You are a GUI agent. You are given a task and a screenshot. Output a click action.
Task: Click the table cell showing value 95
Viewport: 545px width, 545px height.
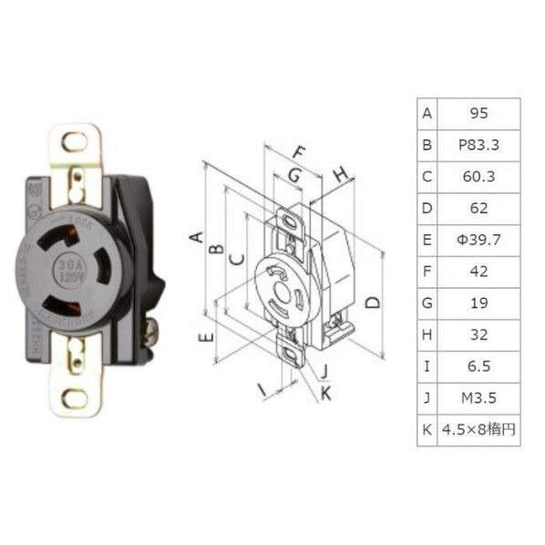pos(478,114)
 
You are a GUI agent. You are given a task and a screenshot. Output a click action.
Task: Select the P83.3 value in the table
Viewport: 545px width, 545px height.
pos(478,145)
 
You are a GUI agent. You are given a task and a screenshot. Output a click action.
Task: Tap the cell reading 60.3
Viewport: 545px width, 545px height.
pos(478,176)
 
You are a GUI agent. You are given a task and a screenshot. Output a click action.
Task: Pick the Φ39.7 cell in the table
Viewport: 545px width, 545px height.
pos(478,240)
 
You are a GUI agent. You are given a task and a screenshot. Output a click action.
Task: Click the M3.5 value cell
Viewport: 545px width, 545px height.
pos(478,397)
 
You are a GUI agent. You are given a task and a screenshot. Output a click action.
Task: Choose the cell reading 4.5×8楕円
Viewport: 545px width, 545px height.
pos(478,429)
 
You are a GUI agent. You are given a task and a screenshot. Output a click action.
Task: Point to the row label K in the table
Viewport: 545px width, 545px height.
pos(427,429)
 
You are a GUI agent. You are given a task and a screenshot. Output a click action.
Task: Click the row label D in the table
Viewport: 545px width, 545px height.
pos(427,208)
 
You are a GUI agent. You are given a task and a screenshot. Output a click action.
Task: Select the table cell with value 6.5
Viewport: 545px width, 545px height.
pos(478,366)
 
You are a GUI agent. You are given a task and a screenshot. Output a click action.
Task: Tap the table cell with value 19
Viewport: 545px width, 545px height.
pos(478,303)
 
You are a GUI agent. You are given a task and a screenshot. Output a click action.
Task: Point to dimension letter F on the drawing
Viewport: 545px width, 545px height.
pos(299,152)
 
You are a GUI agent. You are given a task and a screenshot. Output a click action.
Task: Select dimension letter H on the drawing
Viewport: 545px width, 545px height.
pos(339,174)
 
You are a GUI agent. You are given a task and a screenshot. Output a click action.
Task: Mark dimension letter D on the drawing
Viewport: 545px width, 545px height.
pos(372,303)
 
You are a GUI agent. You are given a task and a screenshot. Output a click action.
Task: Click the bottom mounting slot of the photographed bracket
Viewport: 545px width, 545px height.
pos(77,398)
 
